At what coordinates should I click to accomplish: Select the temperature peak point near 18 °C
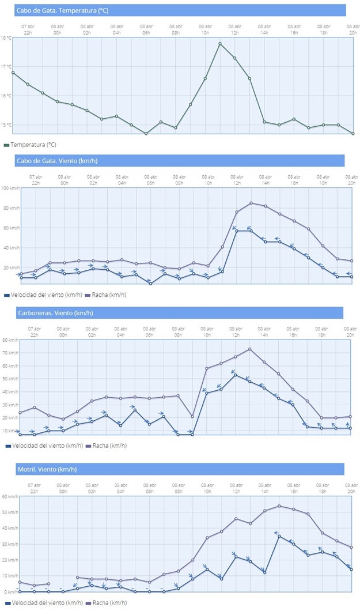(220, 43)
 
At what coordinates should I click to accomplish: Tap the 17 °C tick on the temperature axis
(6, 67)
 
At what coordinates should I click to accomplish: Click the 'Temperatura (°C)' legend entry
(33, 145)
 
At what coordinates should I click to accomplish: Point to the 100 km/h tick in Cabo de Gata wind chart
(10, 188)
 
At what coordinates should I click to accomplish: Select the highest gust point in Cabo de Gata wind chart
(251, 203)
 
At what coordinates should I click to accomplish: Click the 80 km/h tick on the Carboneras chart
(10, 340)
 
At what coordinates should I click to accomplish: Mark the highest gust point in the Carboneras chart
(249, 349)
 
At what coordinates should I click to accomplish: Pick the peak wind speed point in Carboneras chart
(235, 375)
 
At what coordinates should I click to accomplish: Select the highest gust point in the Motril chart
(279, 506)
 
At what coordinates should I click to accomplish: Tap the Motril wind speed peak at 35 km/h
(279, 536)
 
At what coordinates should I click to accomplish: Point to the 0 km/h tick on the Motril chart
(10, 591)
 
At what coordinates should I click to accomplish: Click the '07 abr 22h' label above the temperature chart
(28, 28)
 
